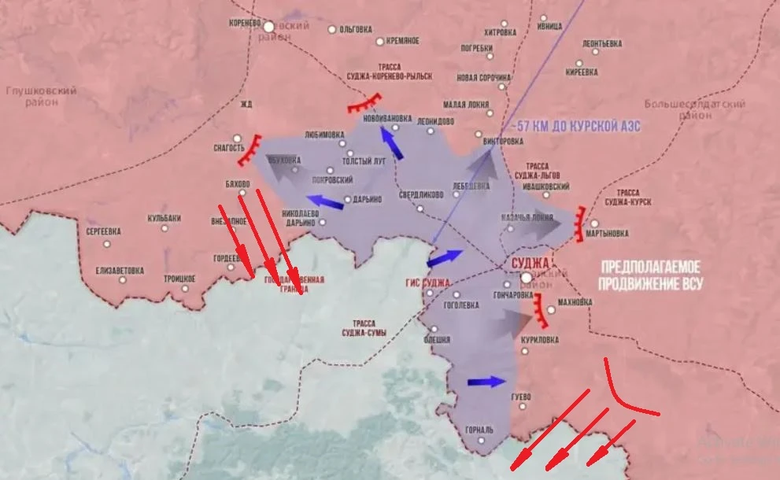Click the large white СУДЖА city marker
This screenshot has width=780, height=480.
527,279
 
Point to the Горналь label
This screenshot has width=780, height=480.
479,430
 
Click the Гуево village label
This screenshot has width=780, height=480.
521,395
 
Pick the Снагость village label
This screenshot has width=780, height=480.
229,146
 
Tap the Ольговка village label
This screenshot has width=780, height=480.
355,30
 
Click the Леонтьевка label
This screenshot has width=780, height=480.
604,43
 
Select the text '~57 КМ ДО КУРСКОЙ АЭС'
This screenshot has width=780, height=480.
575,126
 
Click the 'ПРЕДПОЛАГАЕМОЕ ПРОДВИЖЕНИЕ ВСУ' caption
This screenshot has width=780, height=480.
651,275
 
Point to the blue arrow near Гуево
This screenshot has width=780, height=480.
485,382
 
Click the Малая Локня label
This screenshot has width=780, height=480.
466,104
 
